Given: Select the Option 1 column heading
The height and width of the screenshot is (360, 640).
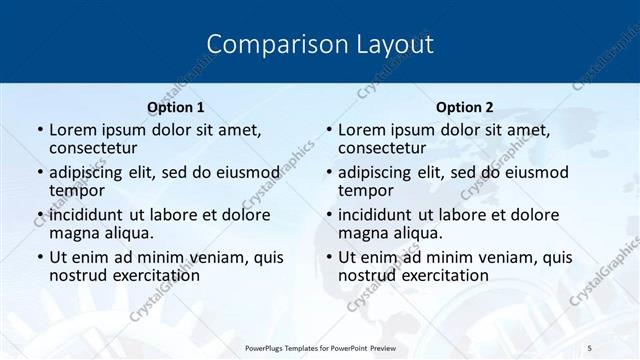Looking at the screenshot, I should [x=176, y=107].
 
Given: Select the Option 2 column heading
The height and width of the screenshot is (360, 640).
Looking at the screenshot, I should [x=465, y=107].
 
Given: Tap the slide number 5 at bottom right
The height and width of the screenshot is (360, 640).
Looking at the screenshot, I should [x=589, y=347].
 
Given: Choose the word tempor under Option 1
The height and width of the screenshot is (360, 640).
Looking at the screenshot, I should [x=77, y=190].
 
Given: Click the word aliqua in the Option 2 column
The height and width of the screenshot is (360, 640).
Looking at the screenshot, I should [x=417, y=233].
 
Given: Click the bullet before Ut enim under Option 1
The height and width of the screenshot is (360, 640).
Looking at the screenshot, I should [x=39, y=258].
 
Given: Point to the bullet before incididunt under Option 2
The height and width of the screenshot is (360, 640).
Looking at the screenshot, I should [x=328, y=216].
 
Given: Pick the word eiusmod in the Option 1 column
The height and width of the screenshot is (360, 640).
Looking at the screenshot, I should [x=247, y=172].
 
